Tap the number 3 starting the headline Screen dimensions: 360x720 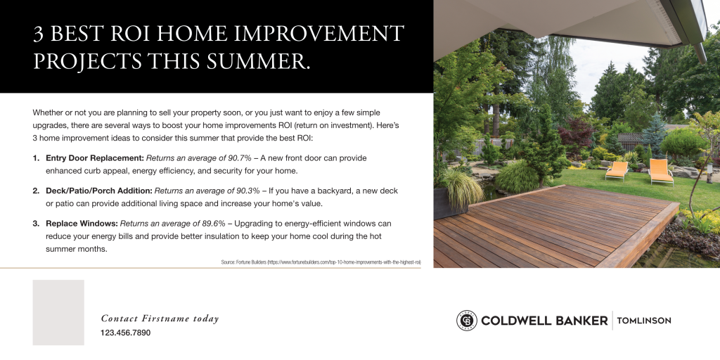point(39,33)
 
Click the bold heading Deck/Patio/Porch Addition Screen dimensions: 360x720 point(99,191)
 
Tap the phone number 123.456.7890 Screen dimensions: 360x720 point(125,333)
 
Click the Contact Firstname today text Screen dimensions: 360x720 point(160,319)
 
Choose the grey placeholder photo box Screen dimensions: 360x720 point(58,312)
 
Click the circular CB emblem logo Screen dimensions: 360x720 point(466,321)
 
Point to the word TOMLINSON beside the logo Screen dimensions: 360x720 point(643,321)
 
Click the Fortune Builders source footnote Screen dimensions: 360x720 point(321,262)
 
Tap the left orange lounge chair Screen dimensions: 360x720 point(617,169)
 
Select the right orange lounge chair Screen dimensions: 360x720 point(660,171)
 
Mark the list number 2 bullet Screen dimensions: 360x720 point(36,191)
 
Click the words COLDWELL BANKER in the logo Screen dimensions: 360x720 point(544,321)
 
